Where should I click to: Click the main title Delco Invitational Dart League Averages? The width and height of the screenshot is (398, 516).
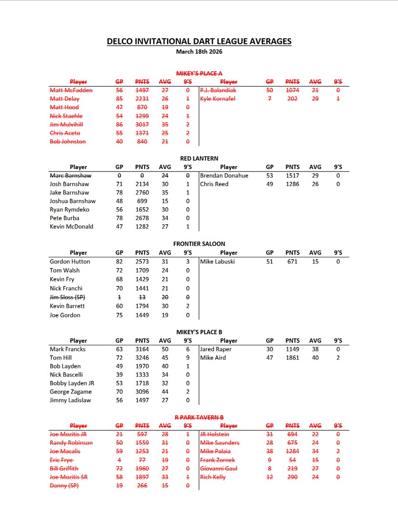(x=199, y=42)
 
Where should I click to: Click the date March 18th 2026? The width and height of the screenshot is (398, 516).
(x=199, y=51)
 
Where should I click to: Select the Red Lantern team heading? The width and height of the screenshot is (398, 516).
(x=199, y=158)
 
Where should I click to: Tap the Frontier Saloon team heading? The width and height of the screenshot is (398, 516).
(x=199, y=244)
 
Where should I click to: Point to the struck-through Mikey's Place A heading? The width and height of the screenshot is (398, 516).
(x=199, y=73)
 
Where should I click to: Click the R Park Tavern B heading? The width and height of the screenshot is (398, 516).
(x=199, y=417)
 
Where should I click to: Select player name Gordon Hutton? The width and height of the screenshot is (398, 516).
(x=70, y=261)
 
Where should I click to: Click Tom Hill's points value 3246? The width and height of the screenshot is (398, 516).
(x=142, y=358)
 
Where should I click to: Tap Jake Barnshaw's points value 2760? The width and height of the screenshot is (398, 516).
(x=142, y=193)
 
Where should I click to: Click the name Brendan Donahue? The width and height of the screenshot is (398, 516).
(x=224, y=175)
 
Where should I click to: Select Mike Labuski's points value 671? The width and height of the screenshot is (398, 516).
(x=292, y=261)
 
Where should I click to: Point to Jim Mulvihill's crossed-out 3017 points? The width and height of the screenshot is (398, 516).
(x=142, y=125)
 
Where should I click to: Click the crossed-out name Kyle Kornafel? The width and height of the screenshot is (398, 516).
(x=217, y=99)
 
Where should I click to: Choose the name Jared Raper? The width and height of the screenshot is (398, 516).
(x=216, y=349)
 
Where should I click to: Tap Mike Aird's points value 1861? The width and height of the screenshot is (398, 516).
(x=292, y=358)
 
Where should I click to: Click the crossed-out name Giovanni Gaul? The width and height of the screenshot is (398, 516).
(x=219, y=469)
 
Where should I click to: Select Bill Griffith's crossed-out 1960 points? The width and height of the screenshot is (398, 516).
(x=142, y=469)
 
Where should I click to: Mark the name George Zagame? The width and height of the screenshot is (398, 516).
(x=70, y=392)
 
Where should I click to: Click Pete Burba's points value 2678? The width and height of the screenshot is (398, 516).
(x=142, y=218)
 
